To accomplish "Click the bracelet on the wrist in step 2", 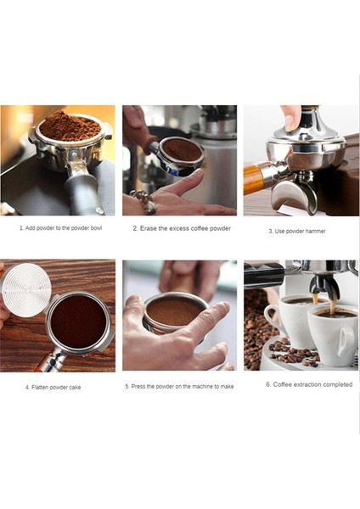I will pyautogui.click(x=145, y=203).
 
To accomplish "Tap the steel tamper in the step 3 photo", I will pyautogui.click(x=300, y=136).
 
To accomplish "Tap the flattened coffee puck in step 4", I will pyautogui.click(x=77, y=322).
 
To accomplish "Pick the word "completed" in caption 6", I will pyautogui.click(x=333, y=384).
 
